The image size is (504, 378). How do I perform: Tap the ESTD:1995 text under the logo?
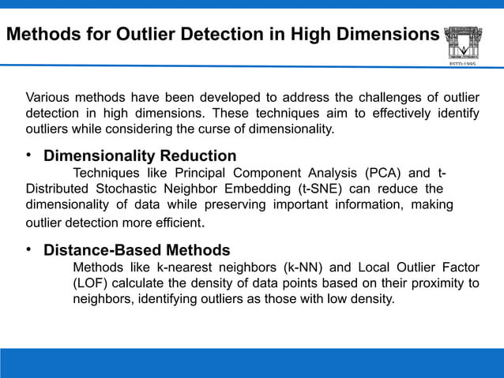(x=464, y=63)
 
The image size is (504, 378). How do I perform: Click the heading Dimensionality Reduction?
(x=140, y=155)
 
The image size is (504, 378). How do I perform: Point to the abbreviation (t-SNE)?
(x=318, y=189)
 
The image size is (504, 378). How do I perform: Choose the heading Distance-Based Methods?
(x=137, y=250)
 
